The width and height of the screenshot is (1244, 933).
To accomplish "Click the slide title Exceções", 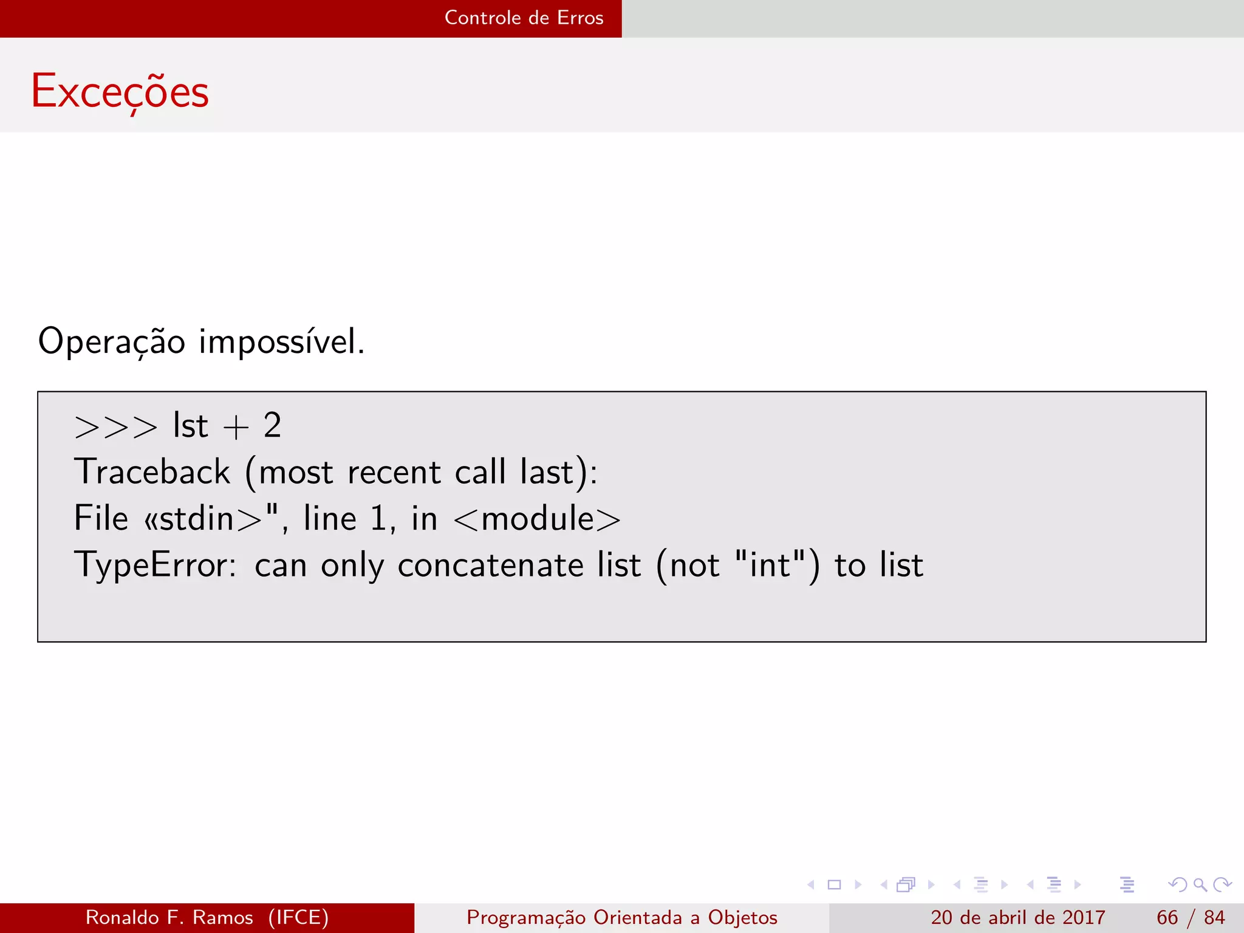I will point(120,91).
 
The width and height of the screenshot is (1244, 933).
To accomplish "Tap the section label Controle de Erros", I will point(524,18).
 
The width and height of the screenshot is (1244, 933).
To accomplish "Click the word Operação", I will point(111,341).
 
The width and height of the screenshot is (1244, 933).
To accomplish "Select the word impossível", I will point(282,341).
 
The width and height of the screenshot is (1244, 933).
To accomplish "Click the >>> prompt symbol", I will point(115,426).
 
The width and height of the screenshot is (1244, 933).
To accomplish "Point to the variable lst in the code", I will point(190,425).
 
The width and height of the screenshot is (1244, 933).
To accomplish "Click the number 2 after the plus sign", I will point(272,425).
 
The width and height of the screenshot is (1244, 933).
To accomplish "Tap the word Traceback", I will point(152,472).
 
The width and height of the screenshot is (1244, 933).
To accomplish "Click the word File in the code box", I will point(101,518).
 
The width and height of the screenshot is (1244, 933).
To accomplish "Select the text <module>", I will point(537,519).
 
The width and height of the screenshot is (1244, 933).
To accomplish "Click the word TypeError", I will point(155,565).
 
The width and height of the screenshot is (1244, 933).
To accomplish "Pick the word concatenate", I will point(490,565).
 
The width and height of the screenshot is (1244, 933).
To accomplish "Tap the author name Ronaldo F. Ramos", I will point(169,917).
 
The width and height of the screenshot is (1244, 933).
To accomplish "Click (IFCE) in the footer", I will point(298,917).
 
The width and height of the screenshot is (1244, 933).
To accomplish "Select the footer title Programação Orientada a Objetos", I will point(621,917).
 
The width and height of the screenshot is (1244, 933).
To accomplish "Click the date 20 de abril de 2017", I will point(1017,917).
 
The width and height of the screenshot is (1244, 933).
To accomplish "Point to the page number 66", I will point(1167,917).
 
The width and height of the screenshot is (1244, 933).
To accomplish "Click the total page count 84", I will point(1214,917).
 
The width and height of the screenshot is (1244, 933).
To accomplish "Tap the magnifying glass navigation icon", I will point(1200,885).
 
